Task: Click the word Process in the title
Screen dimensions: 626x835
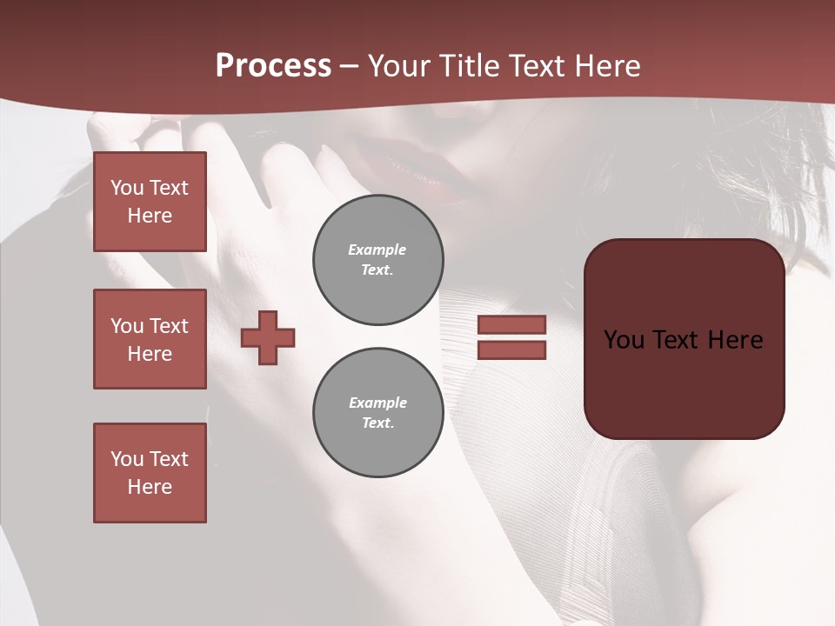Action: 273,66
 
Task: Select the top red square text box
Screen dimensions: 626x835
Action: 150,202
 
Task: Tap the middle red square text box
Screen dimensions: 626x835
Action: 150,339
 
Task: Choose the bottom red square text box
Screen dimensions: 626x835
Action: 150,473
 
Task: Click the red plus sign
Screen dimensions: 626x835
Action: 268,336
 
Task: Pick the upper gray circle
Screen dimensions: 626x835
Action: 378,260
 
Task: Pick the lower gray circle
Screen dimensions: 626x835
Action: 378,413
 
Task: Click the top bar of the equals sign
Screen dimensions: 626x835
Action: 511,325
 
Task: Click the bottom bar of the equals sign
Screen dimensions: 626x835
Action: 511,350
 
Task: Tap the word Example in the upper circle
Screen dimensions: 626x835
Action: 377,250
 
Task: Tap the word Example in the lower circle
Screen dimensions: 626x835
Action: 377,403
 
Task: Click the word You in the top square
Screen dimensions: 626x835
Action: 126,188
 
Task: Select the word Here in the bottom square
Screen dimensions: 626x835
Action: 150,487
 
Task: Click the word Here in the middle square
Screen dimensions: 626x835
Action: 150,354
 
